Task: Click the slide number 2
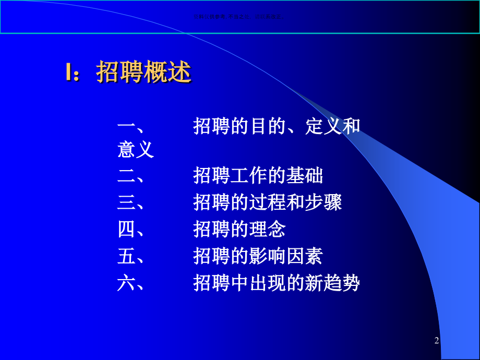coord(437,341)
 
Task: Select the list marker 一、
coord(132,126)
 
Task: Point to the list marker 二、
coord(132,176)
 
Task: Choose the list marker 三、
coord(132,202)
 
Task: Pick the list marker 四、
coord(132,229)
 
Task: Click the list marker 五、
coord(132,256)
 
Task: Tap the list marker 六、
coord(132,283)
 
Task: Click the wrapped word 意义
coord(136,150)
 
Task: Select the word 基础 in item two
coord(305,176)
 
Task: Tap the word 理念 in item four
coord(267,229)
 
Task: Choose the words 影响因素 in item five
coord(286,256)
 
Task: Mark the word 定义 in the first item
coord(323,126)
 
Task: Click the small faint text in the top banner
coord(237,16)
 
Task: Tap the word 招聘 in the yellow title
coord(115,73)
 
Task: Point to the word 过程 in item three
coord(267,202)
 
